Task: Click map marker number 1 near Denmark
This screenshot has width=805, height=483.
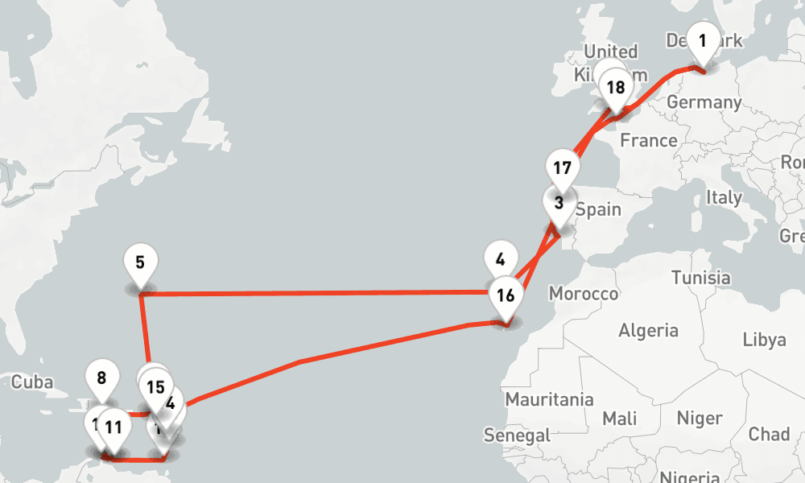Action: [x=704, y=40]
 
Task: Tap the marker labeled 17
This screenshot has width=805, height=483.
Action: [x=563, y=169]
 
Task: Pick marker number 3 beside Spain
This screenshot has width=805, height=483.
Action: [x=559, y=203]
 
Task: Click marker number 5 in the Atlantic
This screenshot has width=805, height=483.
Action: [x=141, y=262]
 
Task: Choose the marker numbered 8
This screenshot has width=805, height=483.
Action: [x=101, y=378]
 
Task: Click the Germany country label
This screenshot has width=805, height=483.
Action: [x=704, y=103]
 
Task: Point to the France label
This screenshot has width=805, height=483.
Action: [x=649, y=141]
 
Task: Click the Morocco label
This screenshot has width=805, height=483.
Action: [x=583, y=294]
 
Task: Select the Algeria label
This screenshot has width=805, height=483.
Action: [x=648, y=330]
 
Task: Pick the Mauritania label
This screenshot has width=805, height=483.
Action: [x=549, y=399]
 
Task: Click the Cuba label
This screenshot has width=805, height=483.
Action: [x=32, y=382]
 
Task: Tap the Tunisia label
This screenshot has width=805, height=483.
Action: [x=700, y=279]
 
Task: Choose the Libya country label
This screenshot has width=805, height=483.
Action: [x=764, y=339]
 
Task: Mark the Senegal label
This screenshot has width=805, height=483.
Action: [x=517, y=436]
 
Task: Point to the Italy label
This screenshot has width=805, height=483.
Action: [x=724, y=197]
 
